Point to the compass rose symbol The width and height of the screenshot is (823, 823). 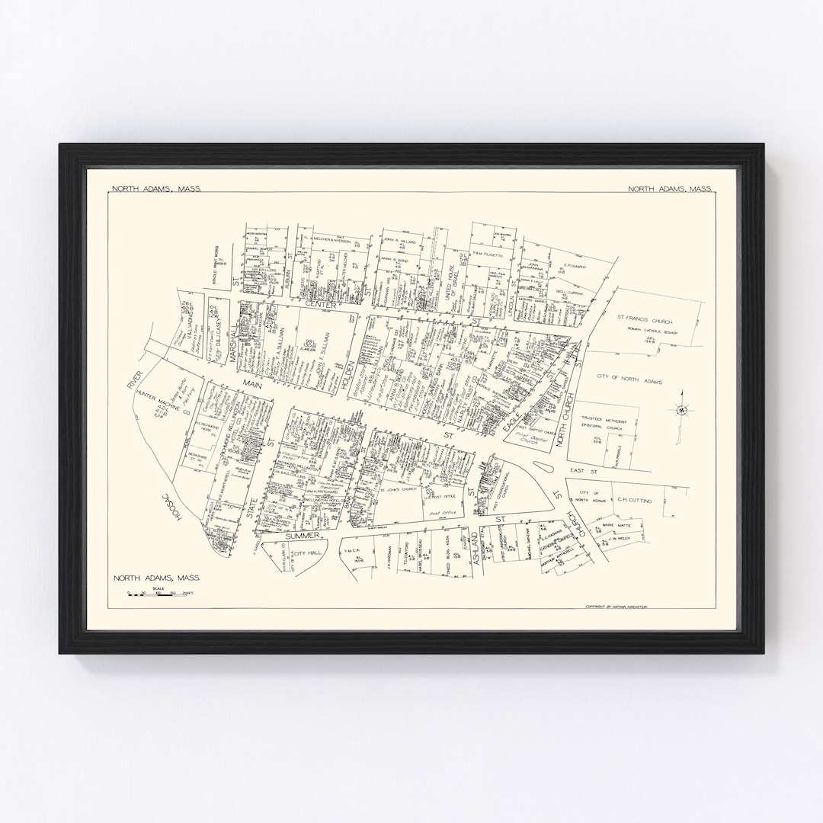(x=682, y=409)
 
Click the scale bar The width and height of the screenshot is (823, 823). (x=161, y=592)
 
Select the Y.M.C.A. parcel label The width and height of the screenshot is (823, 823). (x=351, y=550)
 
